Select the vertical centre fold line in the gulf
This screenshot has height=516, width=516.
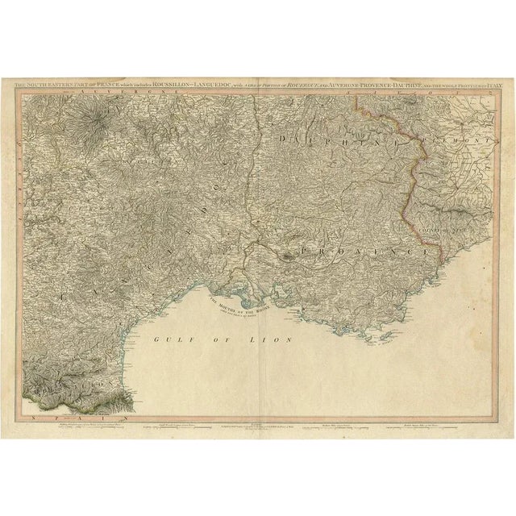[258, 363]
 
